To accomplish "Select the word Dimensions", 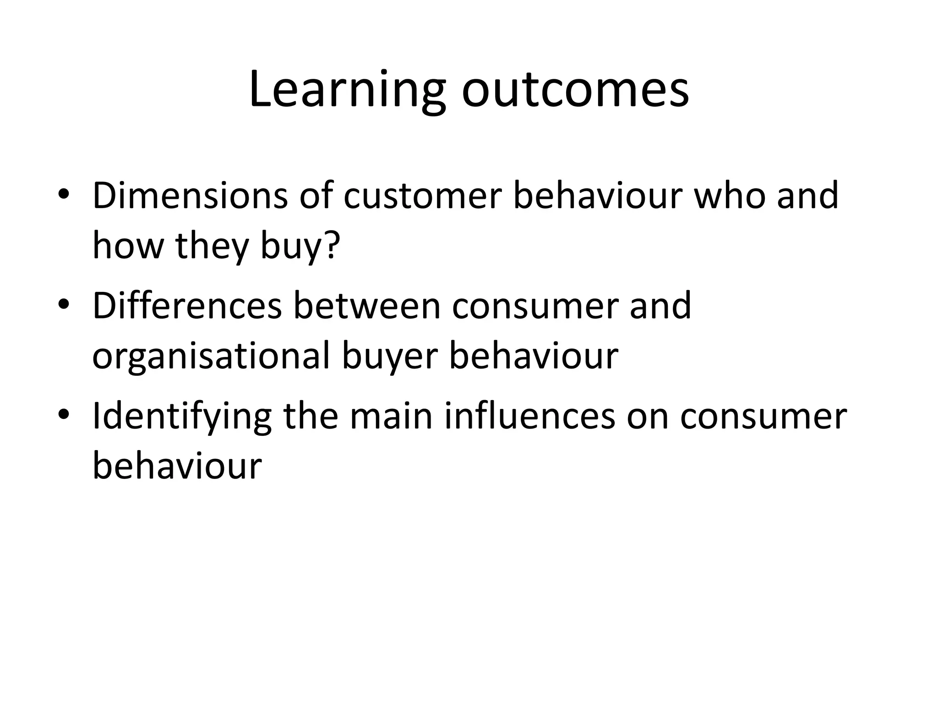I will [190, 196].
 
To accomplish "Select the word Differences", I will [187, 306].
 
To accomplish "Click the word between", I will [366, 306].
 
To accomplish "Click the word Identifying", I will [182, 417].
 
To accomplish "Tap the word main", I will [391, 417].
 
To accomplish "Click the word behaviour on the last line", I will [177, 467].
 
